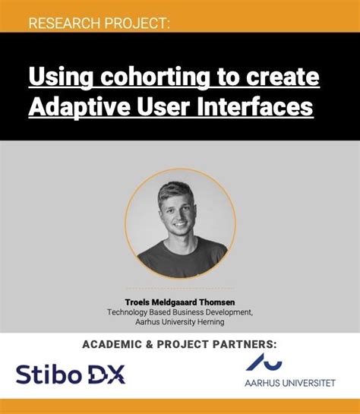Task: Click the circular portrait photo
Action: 179,223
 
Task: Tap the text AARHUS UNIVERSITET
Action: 289,383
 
